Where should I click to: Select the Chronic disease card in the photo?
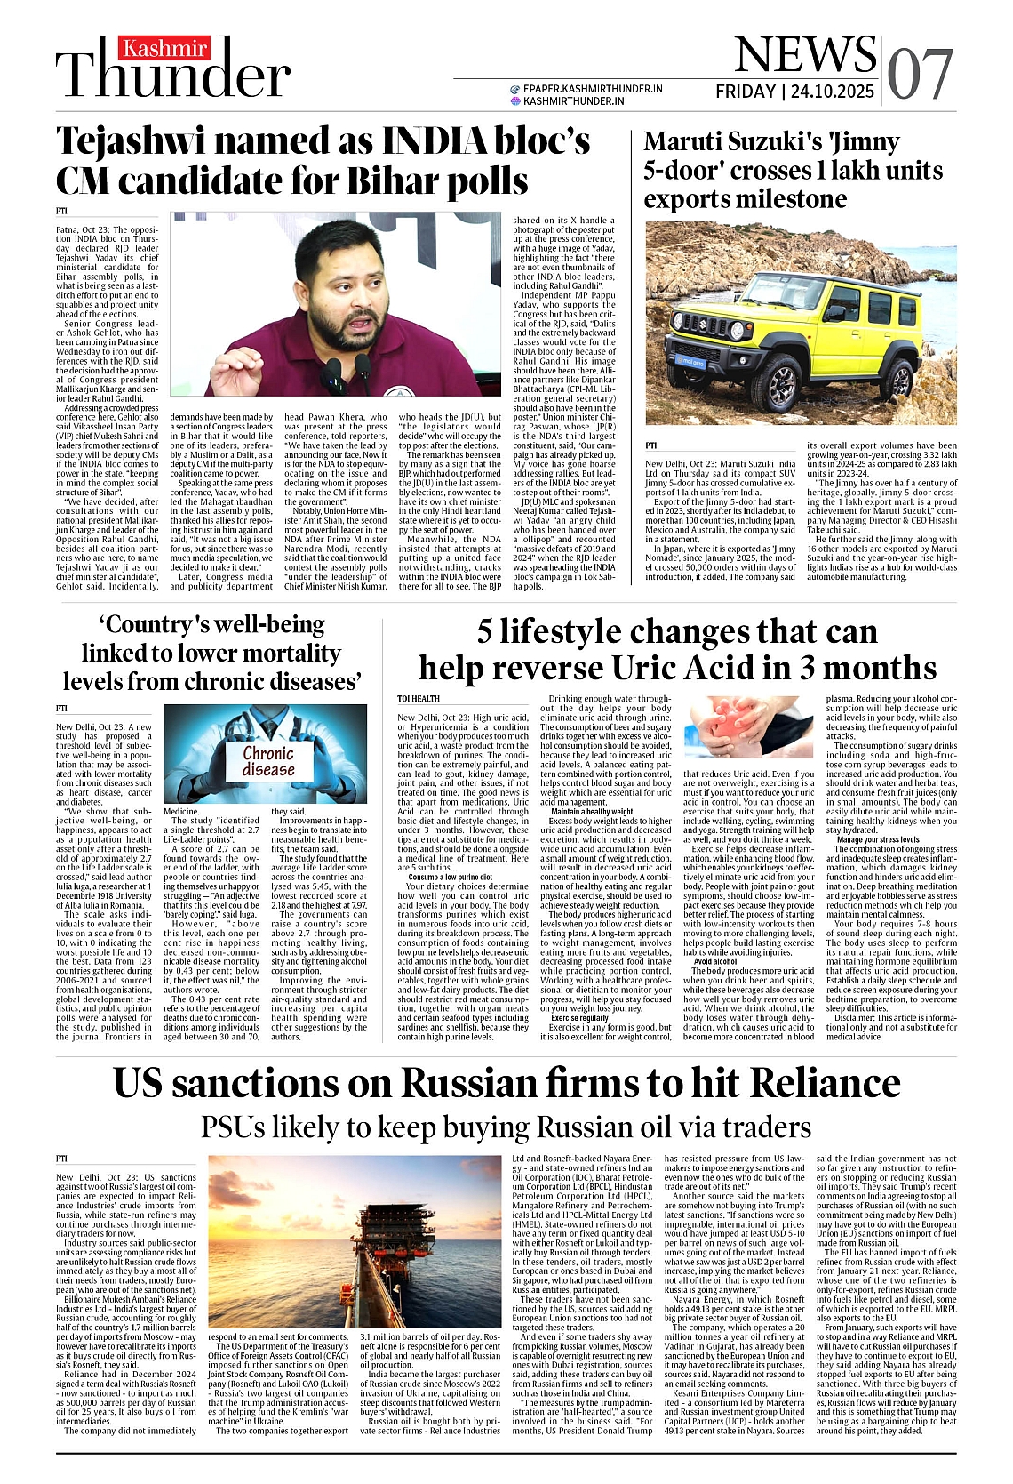268,761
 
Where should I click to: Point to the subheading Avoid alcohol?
715,961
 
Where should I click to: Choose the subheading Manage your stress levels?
878,839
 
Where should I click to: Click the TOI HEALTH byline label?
419,699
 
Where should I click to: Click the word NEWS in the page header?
805,55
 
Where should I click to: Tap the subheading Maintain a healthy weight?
592,812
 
